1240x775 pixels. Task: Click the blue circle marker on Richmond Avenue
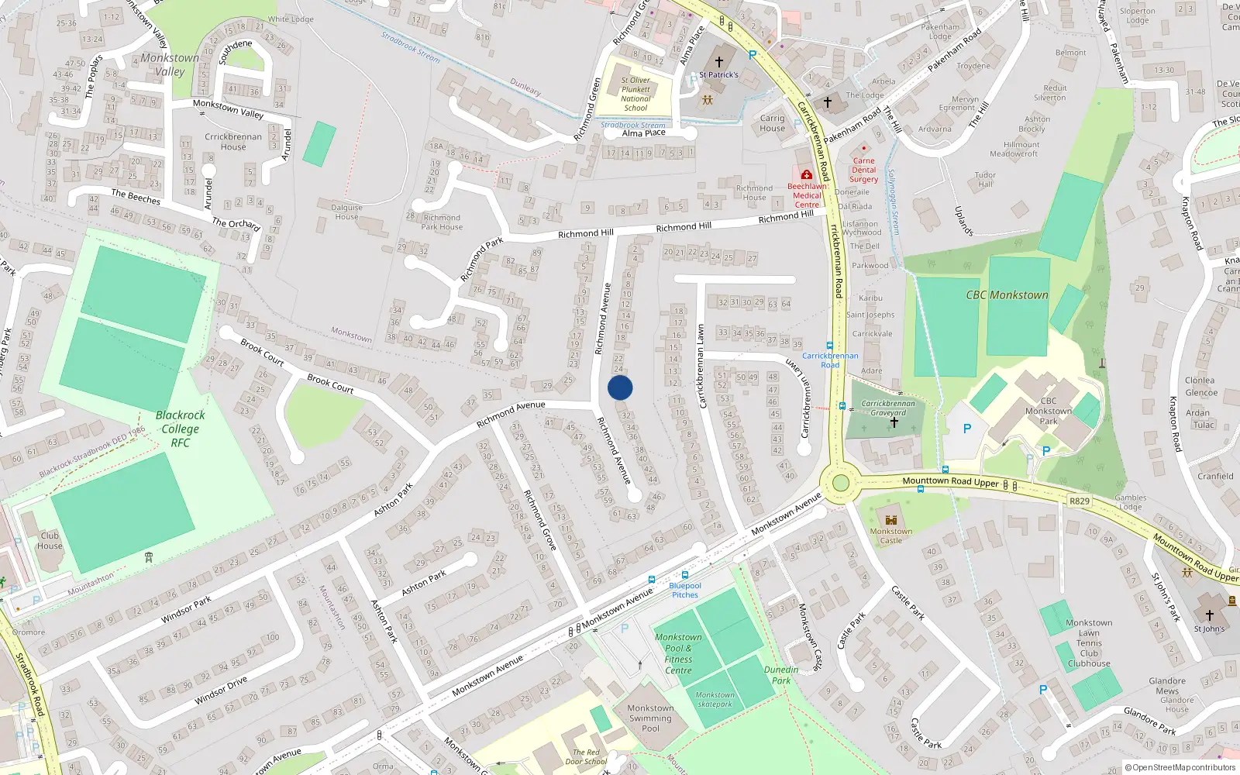coord(620,387)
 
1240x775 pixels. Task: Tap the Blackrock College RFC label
coord(180,429)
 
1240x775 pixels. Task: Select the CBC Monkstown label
coord(1007,295)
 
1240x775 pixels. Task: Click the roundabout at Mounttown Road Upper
coord(839,484)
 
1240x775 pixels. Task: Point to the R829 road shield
coord(1080,501)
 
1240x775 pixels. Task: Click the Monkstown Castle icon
coord(891,519)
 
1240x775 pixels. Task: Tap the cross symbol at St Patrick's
coord(718,62)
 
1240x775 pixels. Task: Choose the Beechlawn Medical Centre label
coord(807,195)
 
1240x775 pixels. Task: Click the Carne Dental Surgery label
coord(863,170)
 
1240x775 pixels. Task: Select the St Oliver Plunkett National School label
coord(635,94)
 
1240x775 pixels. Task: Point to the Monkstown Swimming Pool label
coord(650,718)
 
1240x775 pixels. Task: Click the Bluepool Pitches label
coord(685,591)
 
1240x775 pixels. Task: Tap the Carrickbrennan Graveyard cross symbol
coord(894,422)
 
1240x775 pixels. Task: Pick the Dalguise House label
coord(346,212)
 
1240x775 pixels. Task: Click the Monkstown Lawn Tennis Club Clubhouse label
coord(1089,643)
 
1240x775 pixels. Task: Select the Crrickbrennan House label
coord(233,141)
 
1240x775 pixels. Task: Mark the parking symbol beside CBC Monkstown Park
coord(966,429)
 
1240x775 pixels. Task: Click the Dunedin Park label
coord(781,675)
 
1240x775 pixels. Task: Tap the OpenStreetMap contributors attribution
coord(1183,768)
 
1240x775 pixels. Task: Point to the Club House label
coord(50,540)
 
